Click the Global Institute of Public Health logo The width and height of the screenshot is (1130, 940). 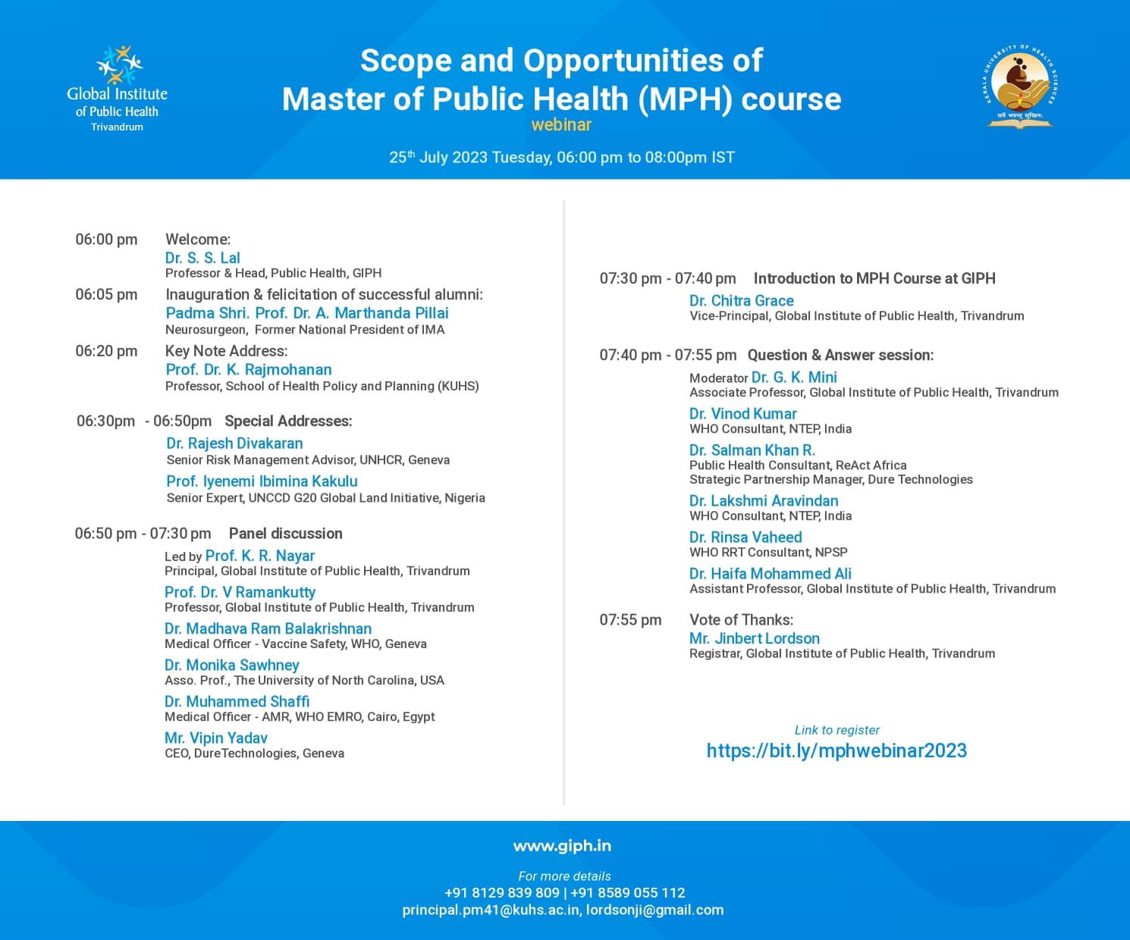[118, 87]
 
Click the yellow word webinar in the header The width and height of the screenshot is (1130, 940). [561, 125]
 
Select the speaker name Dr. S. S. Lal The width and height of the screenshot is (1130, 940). [202, 258]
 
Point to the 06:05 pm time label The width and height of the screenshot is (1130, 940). [106, 294]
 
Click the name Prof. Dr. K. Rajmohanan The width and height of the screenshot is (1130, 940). [249, 370]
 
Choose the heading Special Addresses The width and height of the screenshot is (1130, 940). [288, 421]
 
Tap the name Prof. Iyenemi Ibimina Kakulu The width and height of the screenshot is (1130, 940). [262, 481]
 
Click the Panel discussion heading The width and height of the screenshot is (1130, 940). [286, 534]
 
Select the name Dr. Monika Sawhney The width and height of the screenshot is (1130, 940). [232, 665]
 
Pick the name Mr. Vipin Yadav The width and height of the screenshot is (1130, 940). [216, 738]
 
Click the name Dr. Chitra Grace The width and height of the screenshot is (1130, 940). [742, 301]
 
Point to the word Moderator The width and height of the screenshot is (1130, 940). [718, 378]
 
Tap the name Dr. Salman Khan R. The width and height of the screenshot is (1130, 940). [752, 450]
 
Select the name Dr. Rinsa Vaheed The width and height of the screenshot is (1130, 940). [745, 537]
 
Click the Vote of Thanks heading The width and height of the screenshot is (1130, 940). [741, 619]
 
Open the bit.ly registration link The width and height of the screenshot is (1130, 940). [837, 750]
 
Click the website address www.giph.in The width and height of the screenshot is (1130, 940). [562, 846]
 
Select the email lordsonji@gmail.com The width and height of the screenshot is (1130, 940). [655, 910]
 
